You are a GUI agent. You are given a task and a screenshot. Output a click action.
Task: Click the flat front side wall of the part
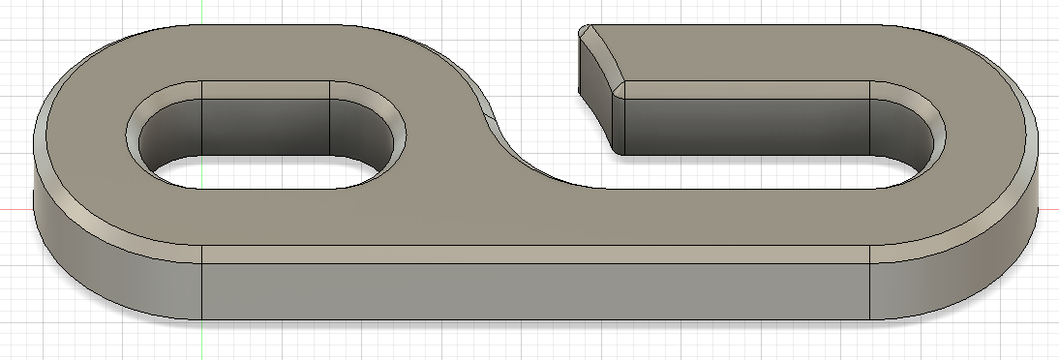point(532,290)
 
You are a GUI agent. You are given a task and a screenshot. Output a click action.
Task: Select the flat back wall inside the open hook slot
point(745,121)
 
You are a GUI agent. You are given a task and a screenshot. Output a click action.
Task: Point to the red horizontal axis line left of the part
point(15,209)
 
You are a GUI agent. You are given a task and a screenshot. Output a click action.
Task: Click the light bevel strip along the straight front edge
point(532,255)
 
